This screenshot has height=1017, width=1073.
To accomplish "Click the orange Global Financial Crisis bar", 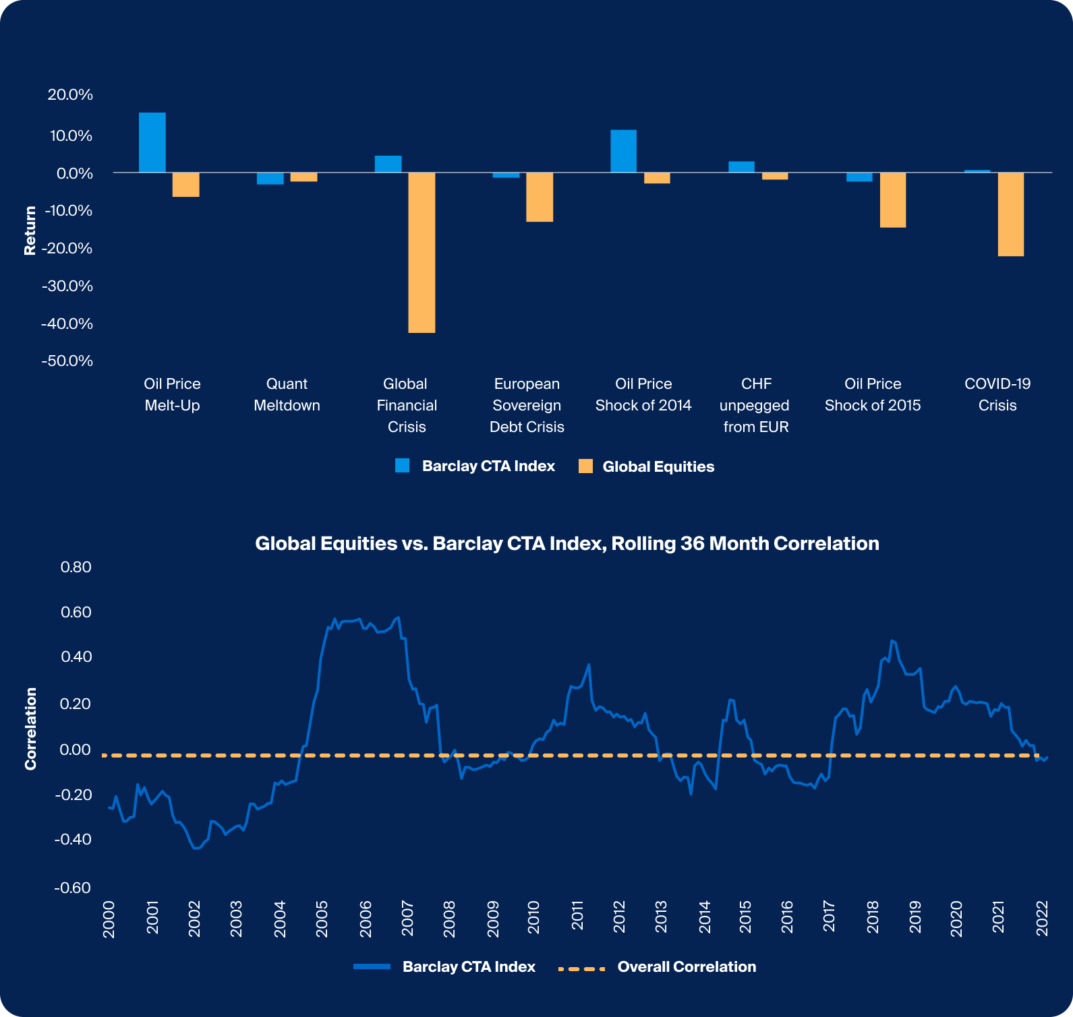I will pyautogui.click(x=422, y=253).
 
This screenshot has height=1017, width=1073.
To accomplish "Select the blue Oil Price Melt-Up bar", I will pyautogui.click(x=152, y=143).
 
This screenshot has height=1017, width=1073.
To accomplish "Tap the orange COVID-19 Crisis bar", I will pyautogui.click(x=1010, y=214).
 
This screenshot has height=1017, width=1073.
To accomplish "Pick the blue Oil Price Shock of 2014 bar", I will pyautogui.click(x=623, y=152).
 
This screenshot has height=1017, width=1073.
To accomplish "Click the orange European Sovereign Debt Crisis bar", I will pyautogui.click(x=540, y=197).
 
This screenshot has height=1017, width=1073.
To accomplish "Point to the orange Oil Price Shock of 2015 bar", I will pyautogui.click(x=892, y=200).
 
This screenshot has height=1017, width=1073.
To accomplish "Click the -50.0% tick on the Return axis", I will pyautogui.click(x=67, y=361).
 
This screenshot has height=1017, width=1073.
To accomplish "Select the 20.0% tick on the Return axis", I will pyautogui.click(x=70, y=95).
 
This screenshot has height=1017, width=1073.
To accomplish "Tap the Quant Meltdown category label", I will pyautogui.click(x=287, y=394).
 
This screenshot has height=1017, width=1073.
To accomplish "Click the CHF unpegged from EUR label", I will pyautogui.click(x=755, y=405).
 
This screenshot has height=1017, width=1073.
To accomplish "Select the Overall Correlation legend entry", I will pyautogui.click(x=686, y=967).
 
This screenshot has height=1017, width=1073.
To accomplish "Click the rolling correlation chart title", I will pyautogui.click(x=567, y=544).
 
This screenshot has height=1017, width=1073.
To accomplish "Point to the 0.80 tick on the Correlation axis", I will pyautogui.click(x=76, y=567).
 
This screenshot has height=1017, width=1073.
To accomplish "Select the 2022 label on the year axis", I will pyautogui.click(x=1043, y=918).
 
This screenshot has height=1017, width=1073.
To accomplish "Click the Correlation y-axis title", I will pyautogui.click(x=31, y=729).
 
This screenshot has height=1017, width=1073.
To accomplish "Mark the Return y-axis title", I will pyautogui.click(x=30, y=230).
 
